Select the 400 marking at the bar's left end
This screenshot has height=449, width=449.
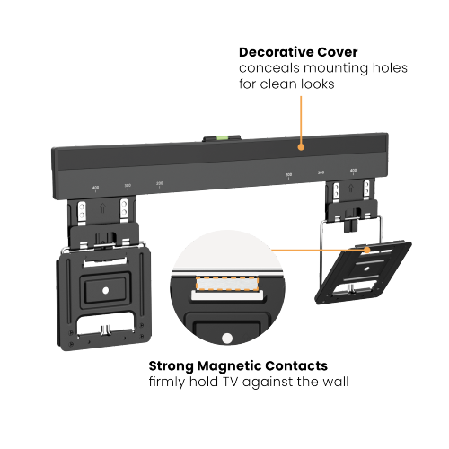pos(95,189)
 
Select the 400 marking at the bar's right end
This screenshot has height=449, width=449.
pos(353,170)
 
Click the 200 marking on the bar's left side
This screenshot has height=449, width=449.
pos(160,182)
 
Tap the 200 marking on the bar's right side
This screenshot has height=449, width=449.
pos(288,174)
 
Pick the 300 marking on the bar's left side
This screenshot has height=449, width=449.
pos(128,186)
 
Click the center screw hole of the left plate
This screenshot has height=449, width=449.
pos(108,289)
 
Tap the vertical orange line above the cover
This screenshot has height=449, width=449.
pos(300,117)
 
